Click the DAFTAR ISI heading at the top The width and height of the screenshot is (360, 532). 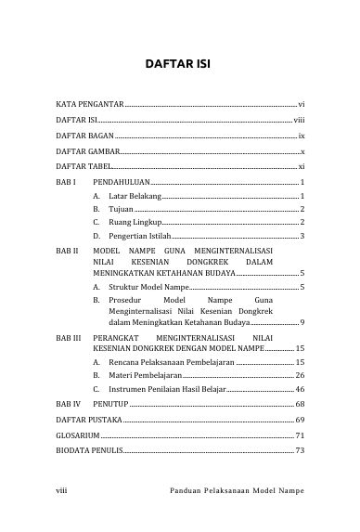pos(180,66)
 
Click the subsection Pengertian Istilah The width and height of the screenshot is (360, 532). pos(140,238)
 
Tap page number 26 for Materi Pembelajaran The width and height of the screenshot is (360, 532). pos(300,373)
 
